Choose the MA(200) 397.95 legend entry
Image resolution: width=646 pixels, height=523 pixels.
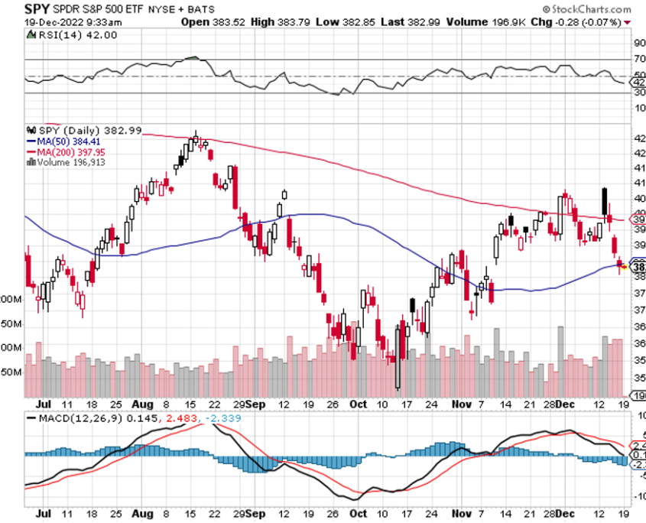[x=68, y=151]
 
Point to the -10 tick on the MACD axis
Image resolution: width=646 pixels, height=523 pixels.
[x=639, y=495]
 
